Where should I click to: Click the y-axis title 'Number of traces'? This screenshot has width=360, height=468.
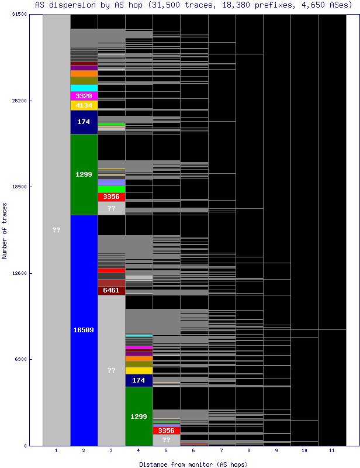[5, 230]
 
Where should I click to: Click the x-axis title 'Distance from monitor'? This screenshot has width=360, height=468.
[193, 464]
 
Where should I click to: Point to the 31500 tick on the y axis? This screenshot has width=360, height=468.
[19, 15]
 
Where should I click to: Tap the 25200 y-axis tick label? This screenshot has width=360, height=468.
[19, 101]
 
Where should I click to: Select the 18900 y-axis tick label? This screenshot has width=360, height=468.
[19, 187]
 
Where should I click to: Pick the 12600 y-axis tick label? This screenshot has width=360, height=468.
[19, 273]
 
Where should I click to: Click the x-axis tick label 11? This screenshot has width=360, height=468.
[331, 451]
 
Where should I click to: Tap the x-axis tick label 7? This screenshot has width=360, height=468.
[221, 451]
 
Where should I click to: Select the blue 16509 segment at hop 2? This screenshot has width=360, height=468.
[84, 330]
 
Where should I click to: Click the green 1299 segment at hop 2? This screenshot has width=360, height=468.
[84, 174]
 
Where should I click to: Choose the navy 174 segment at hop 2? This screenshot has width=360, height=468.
[84, 122]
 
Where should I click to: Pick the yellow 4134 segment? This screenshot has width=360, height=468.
[84, 105]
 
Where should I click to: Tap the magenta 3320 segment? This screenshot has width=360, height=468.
[84, 96]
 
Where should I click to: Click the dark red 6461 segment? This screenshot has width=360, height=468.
[111, 290]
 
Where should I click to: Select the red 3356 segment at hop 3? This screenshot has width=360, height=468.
[111, 197]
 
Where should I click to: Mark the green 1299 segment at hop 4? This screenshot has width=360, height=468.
[139, 416]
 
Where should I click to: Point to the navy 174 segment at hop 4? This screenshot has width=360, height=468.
[139, 380]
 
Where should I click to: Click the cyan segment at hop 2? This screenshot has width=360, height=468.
[84, 88]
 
